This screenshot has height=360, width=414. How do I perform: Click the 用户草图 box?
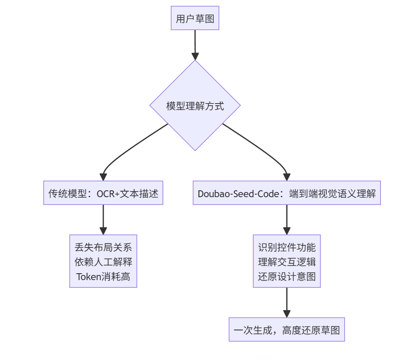[195, 18]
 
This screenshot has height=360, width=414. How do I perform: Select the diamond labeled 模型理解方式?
[195, 106]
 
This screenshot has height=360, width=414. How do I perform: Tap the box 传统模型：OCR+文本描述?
[103, 193]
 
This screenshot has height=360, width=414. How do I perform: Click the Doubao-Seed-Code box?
[286, 193]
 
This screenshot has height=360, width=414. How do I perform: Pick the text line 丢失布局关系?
[103, 247]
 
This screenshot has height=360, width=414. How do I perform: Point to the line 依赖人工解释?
[103, 262]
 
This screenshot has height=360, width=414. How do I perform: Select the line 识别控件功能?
[287, 247]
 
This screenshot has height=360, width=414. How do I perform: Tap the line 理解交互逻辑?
[287, 262]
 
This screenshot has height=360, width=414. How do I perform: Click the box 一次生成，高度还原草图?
[287, 330]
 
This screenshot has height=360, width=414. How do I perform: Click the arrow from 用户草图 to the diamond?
[195, 45]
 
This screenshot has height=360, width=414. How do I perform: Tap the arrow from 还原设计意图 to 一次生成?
[287, 302]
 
